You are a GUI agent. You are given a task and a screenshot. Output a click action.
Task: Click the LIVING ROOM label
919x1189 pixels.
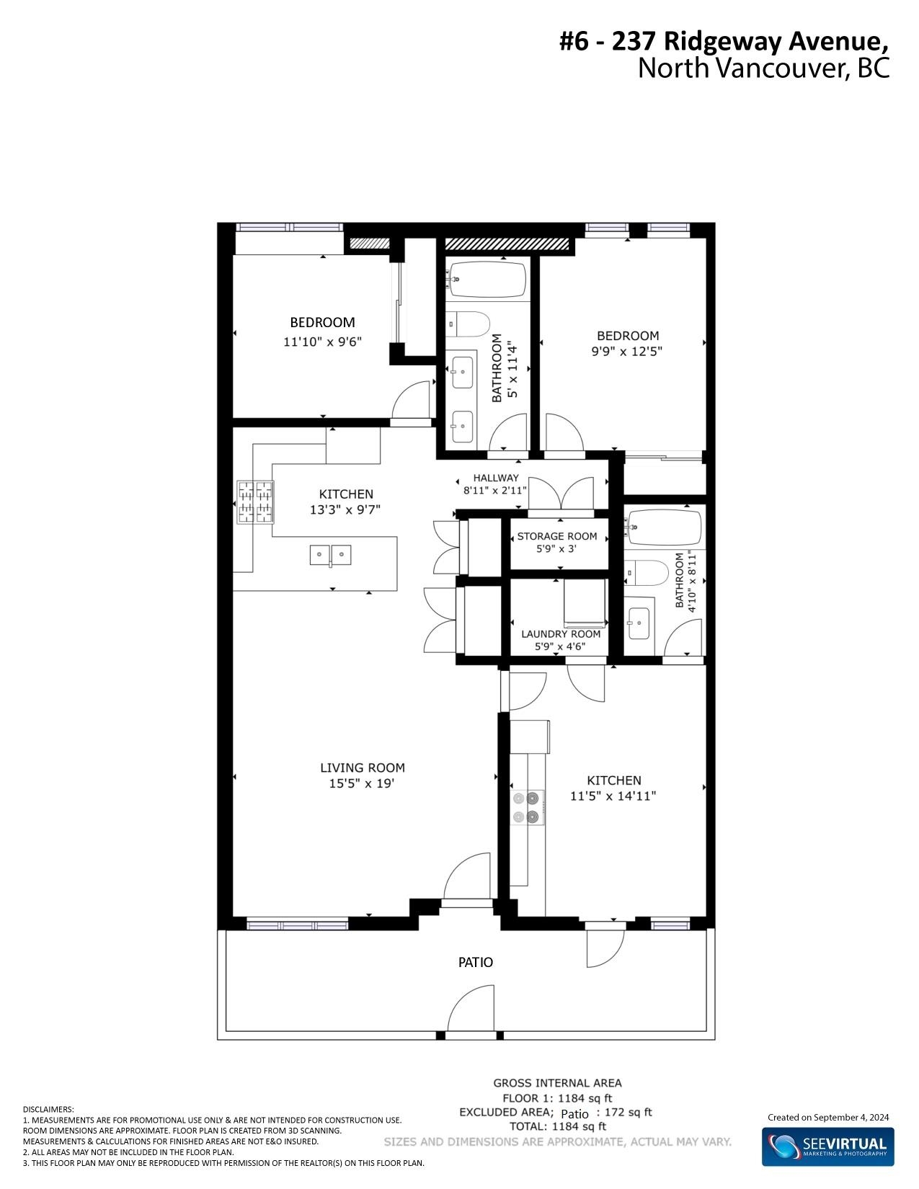point(363,767)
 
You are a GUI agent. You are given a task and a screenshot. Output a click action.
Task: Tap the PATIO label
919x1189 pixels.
point(475,962)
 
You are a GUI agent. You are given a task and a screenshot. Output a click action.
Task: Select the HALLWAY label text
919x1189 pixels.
point(496,478)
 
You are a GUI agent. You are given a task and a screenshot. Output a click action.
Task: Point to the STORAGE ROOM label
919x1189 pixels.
point(557,536)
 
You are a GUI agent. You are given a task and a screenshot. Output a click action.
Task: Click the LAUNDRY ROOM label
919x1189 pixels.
point(561,634)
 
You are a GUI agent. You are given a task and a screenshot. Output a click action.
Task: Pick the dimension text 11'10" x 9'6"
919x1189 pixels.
point(322,342)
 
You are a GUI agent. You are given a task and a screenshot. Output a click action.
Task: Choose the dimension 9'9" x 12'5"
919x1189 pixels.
point(626,351)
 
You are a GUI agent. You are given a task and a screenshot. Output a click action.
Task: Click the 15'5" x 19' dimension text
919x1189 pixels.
point(361,783)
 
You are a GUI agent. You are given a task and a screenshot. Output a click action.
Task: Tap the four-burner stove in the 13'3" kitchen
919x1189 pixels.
point(255,502)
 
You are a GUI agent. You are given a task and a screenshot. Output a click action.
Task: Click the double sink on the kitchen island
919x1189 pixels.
point(331,555)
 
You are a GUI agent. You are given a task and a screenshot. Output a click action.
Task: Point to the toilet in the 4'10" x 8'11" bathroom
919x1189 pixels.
point(647,574)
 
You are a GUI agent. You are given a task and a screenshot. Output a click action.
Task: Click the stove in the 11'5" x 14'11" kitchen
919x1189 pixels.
point(528,807)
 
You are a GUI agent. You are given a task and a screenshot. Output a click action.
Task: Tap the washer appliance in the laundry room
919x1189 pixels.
point(585,603)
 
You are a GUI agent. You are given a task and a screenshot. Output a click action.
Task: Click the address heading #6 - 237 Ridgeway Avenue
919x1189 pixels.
point(724,42)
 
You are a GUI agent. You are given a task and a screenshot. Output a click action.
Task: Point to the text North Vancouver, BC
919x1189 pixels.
point(763,68)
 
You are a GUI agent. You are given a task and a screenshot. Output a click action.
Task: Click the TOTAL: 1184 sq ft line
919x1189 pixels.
point(558,1126)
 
